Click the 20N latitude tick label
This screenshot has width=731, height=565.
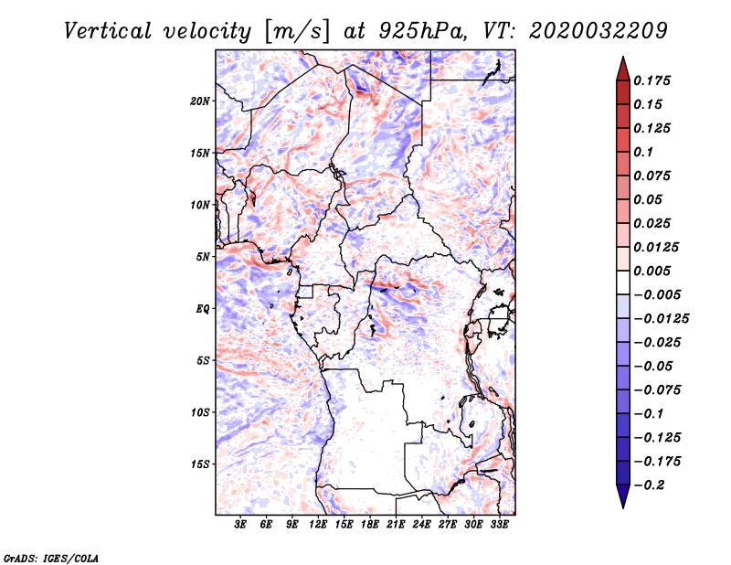point(200,101)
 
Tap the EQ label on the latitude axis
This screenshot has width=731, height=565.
point(203,309)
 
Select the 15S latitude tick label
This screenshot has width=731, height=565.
point(200,464)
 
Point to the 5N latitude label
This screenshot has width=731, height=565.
point(203,257)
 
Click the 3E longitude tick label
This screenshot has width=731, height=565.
point(240,525)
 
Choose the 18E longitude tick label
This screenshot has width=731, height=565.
point(370,525)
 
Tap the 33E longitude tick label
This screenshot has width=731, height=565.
point(499,525)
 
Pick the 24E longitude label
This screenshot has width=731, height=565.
point(421,525)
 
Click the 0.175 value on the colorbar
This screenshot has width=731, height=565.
point(652,80)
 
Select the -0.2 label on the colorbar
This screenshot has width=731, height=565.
point(649,485)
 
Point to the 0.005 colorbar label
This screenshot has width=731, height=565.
point(652,271)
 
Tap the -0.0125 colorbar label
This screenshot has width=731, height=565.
point(661,319)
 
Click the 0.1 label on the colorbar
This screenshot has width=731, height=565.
point(643,152)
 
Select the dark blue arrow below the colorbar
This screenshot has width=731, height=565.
point(623,496)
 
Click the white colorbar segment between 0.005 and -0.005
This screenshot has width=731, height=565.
point(623,282)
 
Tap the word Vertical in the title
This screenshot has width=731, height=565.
point(107,31)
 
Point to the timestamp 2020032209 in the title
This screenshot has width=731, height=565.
point(599,31)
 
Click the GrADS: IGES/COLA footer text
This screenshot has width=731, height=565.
point(51,559)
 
